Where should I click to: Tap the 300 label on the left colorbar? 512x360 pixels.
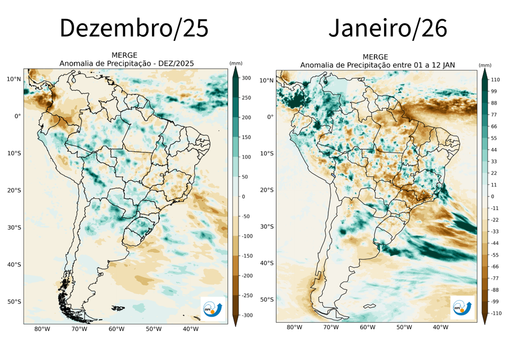pos(245,78)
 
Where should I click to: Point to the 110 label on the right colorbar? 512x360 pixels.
pos(496,80)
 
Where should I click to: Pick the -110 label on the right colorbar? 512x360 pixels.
pos(496,313)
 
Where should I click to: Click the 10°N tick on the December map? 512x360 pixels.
pos(14,79)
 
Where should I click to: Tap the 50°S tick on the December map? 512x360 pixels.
pos(14,302)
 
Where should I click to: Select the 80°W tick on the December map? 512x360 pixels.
pos(42,329)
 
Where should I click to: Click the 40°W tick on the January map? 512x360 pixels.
pos(440,328)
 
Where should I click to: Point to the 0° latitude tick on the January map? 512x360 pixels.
pos(270,117)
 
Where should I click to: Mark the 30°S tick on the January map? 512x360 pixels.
pos(267,227)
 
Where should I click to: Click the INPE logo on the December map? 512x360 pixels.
pos(213,308)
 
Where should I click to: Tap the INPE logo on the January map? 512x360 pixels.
pos(462,307)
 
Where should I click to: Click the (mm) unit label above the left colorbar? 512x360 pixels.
pos(236,63)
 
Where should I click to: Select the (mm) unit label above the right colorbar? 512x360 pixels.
pos(485,65)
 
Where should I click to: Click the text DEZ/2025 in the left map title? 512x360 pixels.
pos(177,63)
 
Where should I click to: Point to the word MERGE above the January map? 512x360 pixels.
pos(375,57)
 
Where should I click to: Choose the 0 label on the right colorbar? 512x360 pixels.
pos(492,196)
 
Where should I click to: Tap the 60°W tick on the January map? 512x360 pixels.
pos(367,328)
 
